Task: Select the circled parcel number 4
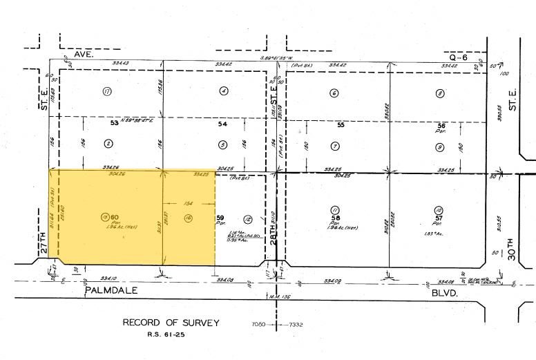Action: click(x=223, y=91)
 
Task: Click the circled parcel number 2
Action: click(x=108, y=144)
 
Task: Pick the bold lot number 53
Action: click(x=115, y=122)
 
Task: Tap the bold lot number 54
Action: click(x=222, y=124)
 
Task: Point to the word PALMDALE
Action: click(x=113, y=291)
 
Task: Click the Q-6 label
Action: click(x=458, y=57)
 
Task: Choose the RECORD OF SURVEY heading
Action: click(x=171, y=323)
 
